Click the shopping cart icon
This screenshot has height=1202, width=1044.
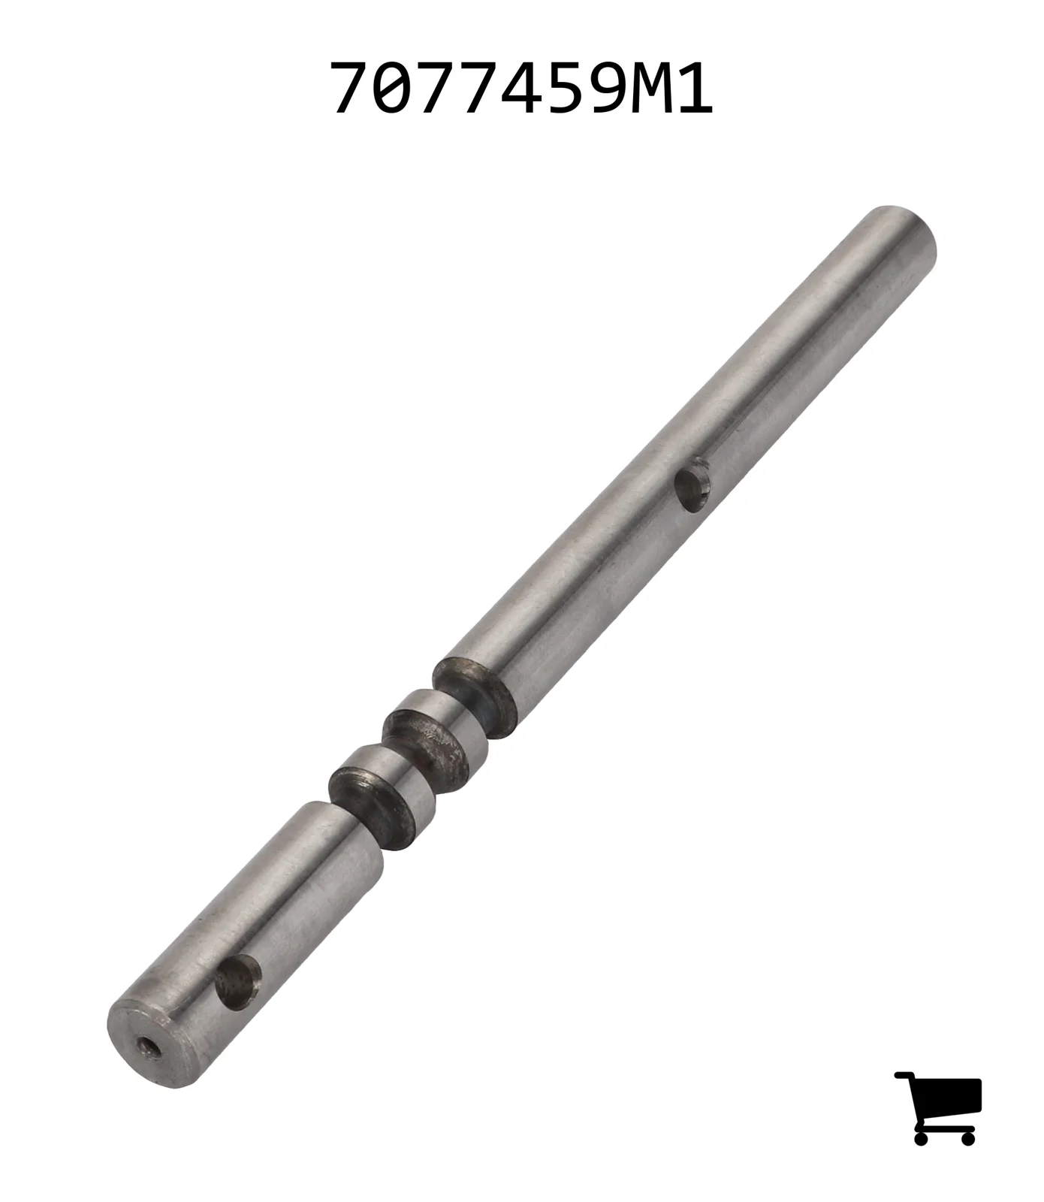(938, 1107)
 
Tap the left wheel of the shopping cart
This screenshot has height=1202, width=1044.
(923, 1137)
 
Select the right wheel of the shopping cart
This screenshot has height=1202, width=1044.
(967, 1137)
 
